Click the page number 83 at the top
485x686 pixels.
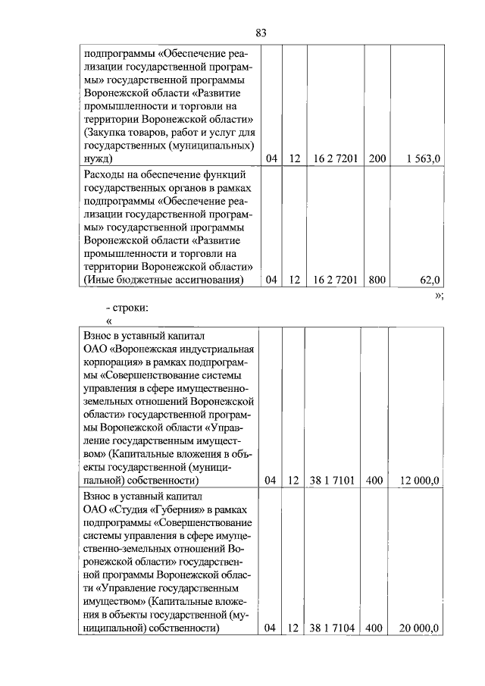pos(261,33)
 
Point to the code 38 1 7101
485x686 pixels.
pos(332,481)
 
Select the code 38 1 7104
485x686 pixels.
pos(332,628)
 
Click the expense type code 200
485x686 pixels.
pos(377,158)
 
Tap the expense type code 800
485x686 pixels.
pos(377,280)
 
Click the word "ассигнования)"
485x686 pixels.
pos(205,280)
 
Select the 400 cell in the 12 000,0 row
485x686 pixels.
pos(373,481)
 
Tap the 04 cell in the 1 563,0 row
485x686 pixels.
pos(272,158)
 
